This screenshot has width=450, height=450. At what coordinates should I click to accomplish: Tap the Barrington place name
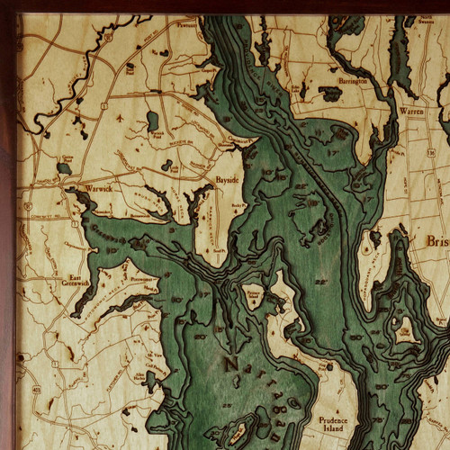(x=353, y=81)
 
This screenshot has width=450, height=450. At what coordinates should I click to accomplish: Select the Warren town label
(x=411, y=112)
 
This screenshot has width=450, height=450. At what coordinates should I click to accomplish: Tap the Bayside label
(x=227, y=180)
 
